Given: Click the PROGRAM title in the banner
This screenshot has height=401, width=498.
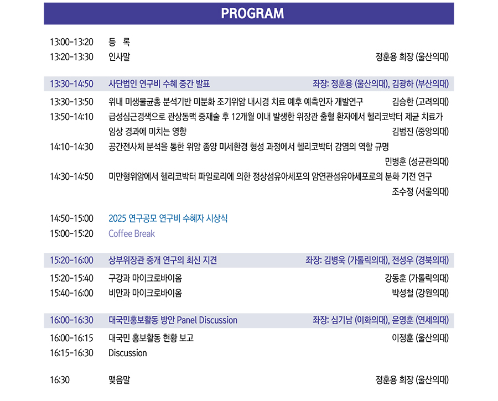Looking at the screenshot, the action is pos(252,13).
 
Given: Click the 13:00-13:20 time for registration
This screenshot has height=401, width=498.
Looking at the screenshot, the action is pos(71,42).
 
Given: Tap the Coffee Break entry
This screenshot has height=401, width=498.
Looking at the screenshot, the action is pos(132,233).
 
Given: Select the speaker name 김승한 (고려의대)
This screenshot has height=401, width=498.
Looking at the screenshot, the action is pos(420,102).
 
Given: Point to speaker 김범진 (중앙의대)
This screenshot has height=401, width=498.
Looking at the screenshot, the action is pos(420,132).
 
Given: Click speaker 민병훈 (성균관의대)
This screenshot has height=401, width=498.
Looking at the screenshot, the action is pos(417,162).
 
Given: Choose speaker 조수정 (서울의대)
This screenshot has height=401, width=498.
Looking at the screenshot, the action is pos(420,191).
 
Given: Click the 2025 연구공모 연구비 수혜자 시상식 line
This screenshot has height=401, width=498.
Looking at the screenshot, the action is pos(168,218).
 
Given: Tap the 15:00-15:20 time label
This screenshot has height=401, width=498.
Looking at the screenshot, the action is pos(71,233).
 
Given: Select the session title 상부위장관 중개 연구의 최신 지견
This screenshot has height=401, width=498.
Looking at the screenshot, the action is pos(163,261).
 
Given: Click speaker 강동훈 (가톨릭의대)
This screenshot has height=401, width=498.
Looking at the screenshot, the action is pos(417,278).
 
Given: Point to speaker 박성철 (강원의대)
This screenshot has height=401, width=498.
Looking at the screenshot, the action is pos(420,293).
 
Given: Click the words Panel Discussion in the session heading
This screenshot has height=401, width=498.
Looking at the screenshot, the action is pos(207,320).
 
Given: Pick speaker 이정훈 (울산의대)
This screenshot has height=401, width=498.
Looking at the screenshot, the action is pos(420,338).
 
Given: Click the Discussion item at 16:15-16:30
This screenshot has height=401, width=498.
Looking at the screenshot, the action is pos(128,353).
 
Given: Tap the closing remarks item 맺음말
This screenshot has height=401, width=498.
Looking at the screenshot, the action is pos(120,380).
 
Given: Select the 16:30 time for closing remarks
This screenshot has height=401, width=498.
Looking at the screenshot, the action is pos(60,380).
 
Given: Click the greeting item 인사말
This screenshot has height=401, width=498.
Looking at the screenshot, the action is pos(120,57).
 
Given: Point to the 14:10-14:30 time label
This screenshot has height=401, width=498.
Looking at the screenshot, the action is pos(71,147).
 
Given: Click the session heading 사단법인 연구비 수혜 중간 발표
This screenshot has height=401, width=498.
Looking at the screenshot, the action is pos(159,84).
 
